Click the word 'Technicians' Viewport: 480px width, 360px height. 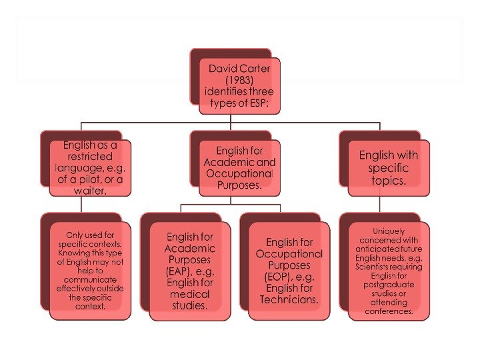[289, 299]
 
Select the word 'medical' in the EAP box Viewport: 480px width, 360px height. [189, 294]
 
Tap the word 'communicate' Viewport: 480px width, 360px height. [90, 280]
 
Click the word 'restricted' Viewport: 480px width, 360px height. [89, 156]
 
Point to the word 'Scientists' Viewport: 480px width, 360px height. [371, 266]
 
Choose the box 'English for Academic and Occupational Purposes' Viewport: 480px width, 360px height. [239, 168]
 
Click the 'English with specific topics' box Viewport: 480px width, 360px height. [389, 167]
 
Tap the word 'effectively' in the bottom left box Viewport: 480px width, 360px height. [79, 289]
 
